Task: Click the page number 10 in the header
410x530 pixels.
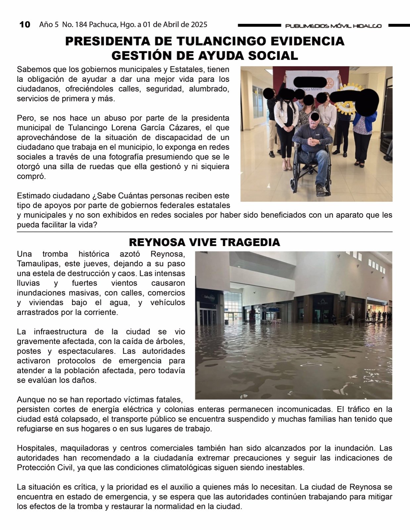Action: coord(25,25)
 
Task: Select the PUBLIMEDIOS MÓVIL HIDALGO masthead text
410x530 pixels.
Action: coord(333,26)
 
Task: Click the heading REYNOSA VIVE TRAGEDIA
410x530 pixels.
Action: coord(205,242)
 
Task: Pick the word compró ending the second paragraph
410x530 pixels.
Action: coord(31,176)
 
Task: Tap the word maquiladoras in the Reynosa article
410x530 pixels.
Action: coord(84,448)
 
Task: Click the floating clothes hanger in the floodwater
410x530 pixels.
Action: coord(307,364)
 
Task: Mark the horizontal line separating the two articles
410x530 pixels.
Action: coord(205,232)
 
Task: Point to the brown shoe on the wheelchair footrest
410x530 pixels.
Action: coord(320,190)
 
